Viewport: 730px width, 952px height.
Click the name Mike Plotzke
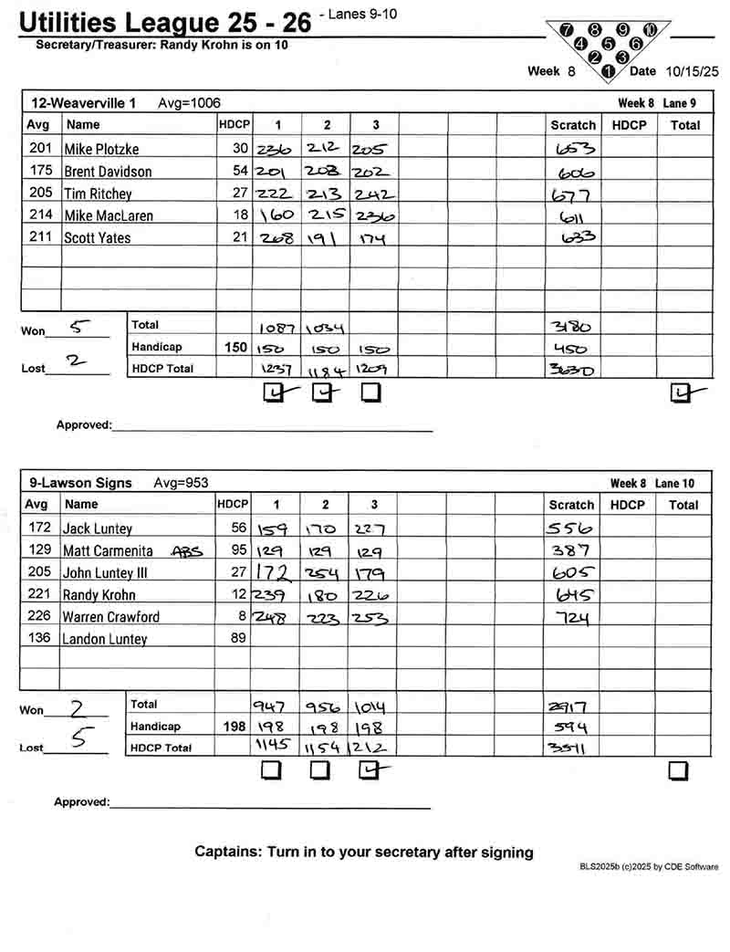coord(101,149)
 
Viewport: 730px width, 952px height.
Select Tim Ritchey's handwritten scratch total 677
coord(572,194)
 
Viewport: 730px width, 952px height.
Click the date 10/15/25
coord(692,71)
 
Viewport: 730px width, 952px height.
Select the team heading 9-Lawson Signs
coord(80,483)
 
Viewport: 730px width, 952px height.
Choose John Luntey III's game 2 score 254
coord(324,573)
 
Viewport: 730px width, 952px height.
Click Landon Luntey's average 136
coord(39,639)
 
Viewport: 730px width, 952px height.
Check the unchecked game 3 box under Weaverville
coord(370,392)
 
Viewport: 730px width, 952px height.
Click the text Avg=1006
coord(189,103)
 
